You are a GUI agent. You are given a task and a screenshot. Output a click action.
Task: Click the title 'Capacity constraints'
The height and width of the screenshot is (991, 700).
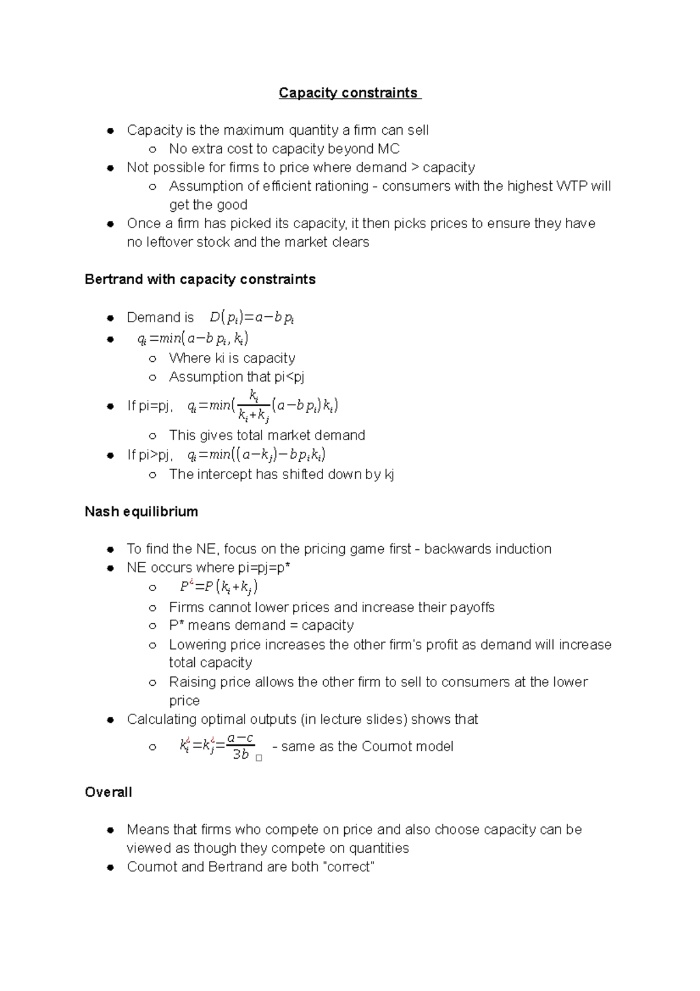[349, 93]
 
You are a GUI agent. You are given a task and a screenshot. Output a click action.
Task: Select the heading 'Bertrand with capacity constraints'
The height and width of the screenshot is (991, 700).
[200, 280]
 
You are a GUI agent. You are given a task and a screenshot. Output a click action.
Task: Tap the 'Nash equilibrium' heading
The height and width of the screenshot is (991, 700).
[141, 512]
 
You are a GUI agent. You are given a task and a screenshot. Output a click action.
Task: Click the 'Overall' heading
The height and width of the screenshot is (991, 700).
[108, 792]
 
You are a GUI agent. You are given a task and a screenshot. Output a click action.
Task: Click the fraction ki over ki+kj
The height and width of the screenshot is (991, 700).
[254, 406]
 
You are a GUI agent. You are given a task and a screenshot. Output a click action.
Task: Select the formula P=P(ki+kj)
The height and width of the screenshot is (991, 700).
[219, 587]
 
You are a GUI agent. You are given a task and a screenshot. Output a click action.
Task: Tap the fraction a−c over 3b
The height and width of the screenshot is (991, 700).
[240, 746]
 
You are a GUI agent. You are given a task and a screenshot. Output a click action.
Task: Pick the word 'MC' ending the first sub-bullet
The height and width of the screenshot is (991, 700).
[388, 149]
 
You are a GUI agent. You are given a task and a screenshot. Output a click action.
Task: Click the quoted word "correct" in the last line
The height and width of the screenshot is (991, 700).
[348, 867]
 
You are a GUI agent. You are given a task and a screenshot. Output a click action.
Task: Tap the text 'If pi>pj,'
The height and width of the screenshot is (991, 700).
[149, 455]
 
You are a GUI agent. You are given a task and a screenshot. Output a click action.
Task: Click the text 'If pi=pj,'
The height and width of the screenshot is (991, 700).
[149, 406]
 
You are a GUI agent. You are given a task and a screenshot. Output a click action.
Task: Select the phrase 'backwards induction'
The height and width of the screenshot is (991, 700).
[488, 549]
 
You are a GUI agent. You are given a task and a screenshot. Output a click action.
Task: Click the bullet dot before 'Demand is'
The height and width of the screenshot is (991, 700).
[110, 318]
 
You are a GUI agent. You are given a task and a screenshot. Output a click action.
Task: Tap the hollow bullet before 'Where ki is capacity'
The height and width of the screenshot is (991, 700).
[152, 358]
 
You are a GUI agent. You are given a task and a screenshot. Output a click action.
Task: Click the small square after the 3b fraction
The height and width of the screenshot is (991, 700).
[259, 758]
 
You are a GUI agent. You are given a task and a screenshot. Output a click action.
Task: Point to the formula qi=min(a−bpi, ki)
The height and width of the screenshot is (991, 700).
[192, 339]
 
